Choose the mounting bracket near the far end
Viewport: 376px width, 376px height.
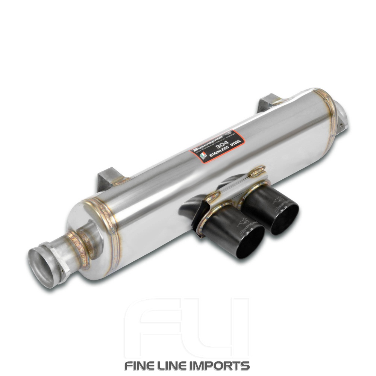(x=267, y=102)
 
